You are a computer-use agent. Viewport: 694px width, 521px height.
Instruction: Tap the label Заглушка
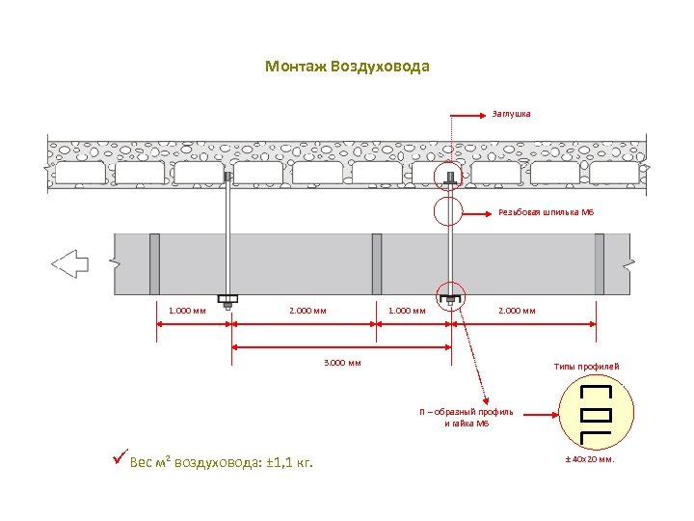click(x=511, y=114)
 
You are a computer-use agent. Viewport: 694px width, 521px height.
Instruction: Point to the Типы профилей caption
click(x=586, y=367)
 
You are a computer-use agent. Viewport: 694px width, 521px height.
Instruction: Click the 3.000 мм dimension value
click(x=341, y=363)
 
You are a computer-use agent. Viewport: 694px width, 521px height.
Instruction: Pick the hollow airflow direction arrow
click(x=69, y=262)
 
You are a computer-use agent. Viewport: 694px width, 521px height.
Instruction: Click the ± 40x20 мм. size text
click(x=589, y=459)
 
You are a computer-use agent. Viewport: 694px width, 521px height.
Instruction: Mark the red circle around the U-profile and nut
click(x=449, y=298)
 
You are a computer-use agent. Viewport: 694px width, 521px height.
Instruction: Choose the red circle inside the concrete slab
click(x=450, y=178)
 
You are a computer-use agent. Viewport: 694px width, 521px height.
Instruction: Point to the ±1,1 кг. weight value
click(x=290, y=462)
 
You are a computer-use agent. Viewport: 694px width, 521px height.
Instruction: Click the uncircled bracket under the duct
click(x=228, y=298)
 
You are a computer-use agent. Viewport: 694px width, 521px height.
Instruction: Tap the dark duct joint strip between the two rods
click(x=376, y=263)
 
